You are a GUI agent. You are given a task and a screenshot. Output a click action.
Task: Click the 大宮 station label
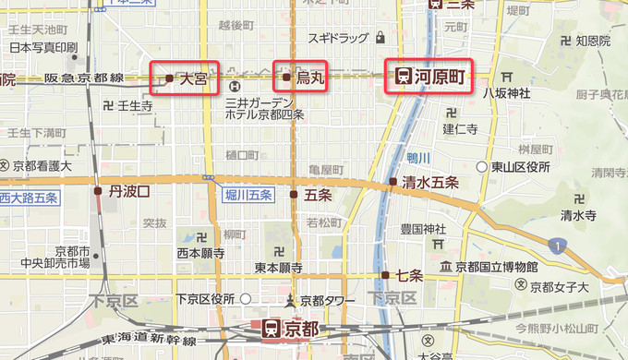[x=193, y=79]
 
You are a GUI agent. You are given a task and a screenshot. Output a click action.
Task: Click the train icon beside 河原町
[x=403, y=77]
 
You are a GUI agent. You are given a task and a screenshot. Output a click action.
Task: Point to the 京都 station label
[x=302, y=328]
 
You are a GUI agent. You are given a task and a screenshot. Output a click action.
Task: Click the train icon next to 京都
[x=272, y=328]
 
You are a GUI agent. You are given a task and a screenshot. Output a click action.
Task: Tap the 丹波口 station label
[x=128, y=190]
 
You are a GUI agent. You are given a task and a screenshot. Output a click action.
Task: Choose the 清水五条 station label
[x=430, y=182]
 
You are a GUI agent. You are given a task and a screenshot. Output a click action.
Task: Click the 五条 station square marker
[x=294, y=195]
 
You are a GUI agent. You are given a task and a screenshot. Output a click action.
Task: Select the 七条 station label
[x=409, y=274]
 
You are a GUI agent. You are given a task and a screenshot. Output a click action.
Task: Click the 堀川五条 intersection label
[x=248, y=195]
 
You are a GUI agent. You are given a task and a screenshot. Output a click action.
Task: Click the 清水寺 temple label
[x=577, y=215]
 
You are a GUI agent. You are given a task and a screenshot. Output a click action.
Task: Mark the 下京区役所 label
[x=204, y=299]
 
